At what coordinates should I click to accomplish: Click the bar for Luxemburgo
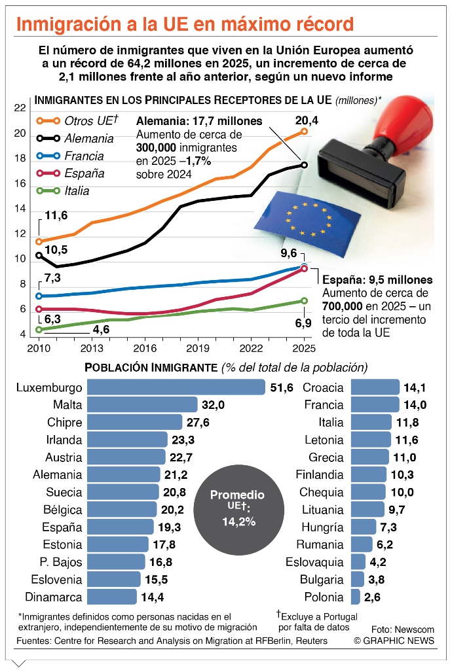[176, 388]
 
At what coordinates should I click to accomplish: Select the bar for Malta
[142, 405]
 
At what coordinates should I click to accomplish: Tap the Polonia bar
[356, 597]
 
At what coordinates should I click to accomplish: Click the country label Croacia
[323, 388]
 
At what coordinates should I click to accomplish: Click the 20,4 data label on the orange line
[307, 120]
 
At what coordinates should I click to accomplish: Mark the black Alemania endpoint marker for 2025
[305, 164]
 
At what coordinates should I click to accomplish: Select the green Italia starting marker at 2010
[39, 330]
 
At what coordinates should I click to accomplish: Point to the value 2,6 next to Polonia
[373, 597]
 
